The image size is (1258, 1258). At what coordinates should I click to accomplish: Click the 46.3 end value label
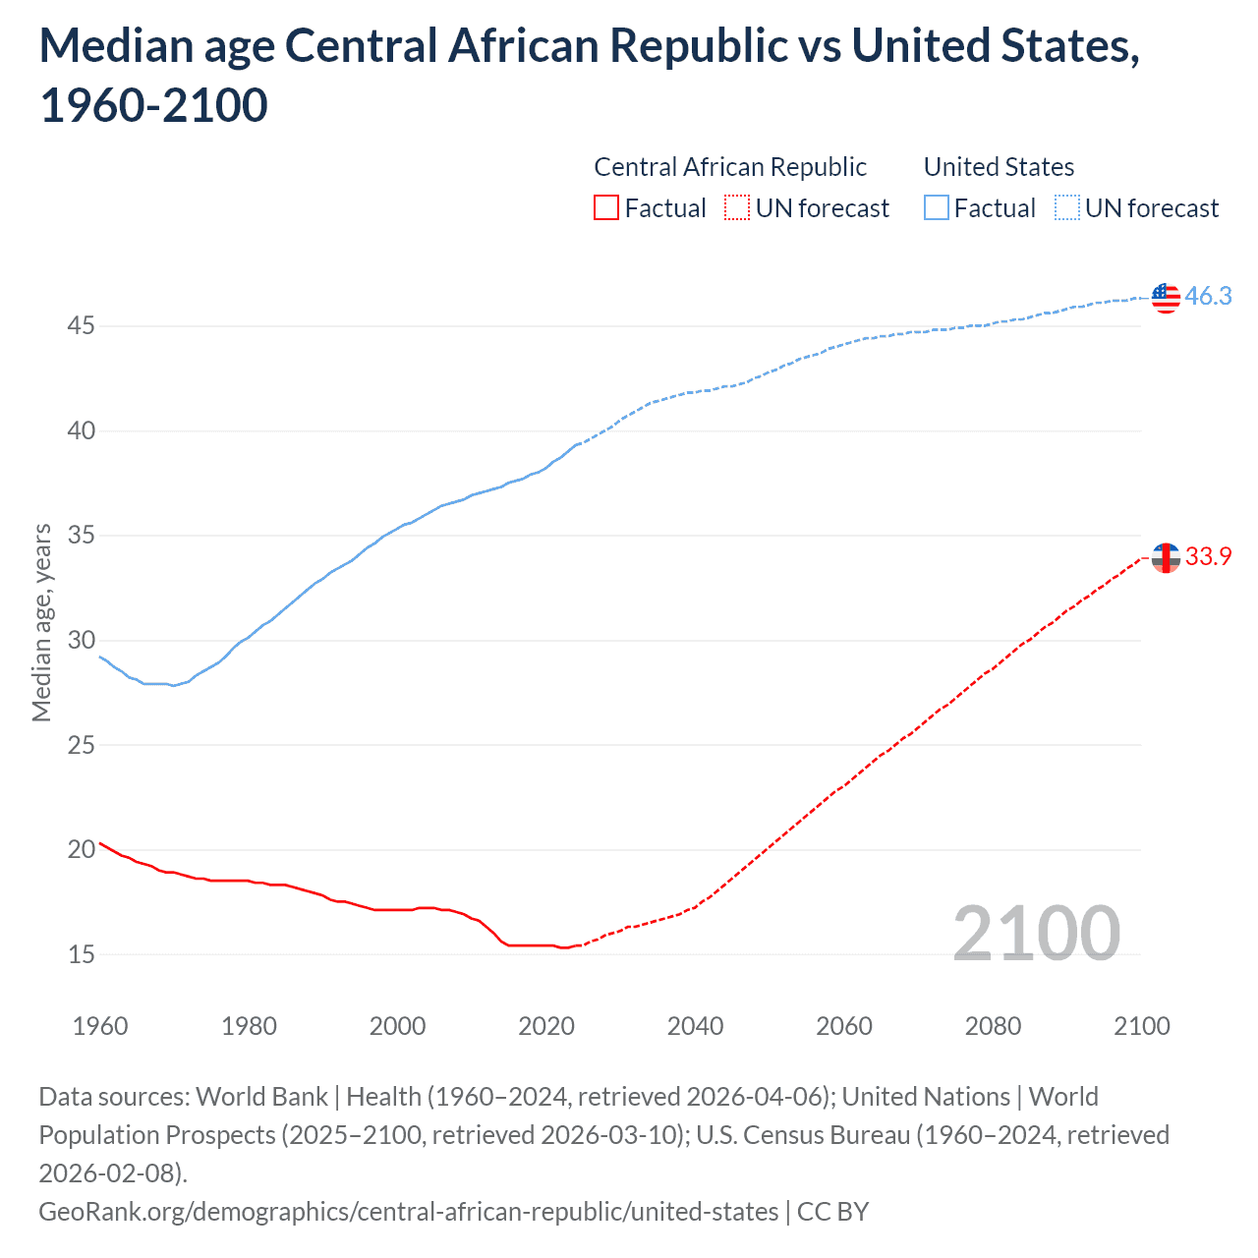(x=1208, y=296)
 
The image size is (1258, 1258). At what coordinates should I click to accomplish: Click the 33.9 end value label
(x=1208, y=556)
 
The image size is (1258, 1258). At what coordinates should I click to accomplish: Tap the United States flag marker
(x=1166, y=297)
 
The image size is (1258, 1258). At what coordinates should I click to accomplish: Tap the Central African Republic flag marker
(x=1166, y=557)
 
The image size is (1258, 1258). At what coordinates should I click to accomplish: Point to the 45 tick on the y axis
(x=81, y=325)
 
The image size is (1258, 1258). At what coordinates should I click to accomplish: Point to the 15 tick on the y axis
(x=81, y=954)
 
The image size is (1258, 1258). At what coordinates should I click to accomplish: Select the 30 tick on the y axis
(x=81, y=640)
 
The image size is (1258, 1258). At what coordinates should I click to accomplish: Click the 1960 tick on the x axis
(x=100, y=1026)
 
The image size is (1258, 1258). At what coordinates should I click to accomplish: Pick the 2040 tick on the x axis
(x=695, y=1026)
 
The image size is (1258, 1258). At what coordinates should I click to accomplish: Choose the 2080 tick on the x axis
(x=993, y=1026)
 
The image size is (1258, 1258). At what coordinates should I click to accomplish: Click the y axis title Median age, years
(x=41, y=623)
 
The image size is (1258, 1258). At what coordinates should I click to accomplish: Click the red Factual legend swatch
(x=606, y=208)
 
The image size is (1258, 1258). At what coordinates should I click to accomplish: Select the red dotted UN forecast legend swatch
(x=737, y=208)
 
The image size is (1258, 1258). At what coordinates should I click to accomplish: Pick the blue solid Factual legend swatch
(x=937, y=208)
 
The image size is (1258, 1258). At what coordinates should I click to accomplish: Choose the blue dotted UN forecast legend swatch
(x=1066, y=208)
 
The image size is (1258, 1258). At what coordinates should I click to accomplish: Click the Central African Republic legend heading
(x=730, y=167)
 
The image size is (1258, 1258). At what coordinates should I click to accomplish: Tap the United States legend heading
(x=999, y=167)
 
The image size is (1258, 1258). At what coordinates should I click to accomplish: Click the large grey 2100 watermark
(x=1036, y=934)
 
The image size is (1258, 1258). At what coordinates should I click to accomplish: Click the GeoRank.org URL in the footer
(x=408, y=1211)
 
